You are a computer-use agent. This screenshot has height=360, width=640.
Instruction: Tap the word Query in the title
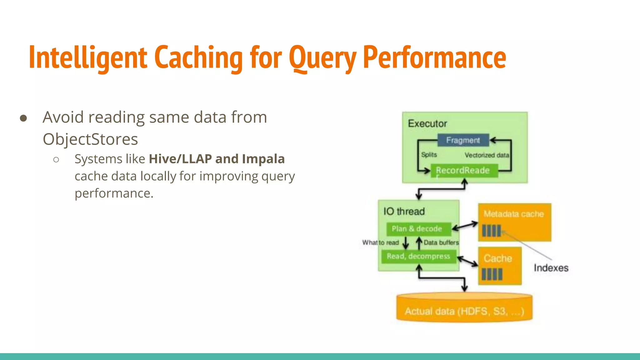pos(322,58)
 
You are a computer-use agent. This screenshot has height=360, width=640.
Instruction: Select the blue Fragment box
pos(463,140)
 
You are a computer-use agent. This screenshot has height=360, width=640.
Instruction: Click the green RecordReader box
pos(464,171)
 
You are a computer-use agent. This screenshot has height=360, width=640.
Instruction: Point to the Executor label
pos(427,123)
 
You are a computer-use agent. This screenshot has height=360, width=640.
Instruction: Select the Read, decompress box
pos(418,256)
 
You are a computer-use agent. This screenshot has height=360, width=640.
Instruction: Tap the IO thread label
pos(404,212)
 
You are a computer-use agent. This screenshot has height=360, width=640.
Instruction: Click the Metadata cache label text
pos(513,214)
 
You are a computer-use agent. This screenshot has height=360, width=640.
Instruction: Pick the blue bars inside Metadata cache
pos(491,231)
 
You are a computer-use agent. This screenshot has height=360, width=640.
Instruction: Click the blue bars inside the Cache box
pos(492,274)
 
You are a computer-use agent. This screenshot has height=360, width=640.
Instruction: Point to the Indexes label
pos(551,268)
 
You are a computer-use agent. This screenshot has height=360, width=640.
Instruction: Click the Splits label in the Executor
pos(429,155)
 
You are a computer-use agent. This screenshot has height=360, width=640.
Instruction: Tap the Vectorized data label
pos(486,155)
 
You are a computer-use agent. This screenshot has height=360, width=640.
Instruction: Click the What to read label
pos(380,242)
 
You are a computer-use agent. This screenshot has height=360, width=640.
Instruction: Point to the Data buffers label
pos(441,242)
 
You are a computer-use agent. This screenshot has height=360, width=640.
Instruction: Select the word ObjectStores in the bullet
pos(90,139)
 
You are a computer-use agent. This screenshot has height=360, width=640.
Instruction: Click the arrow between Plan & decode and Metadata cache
pos(465,226)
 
